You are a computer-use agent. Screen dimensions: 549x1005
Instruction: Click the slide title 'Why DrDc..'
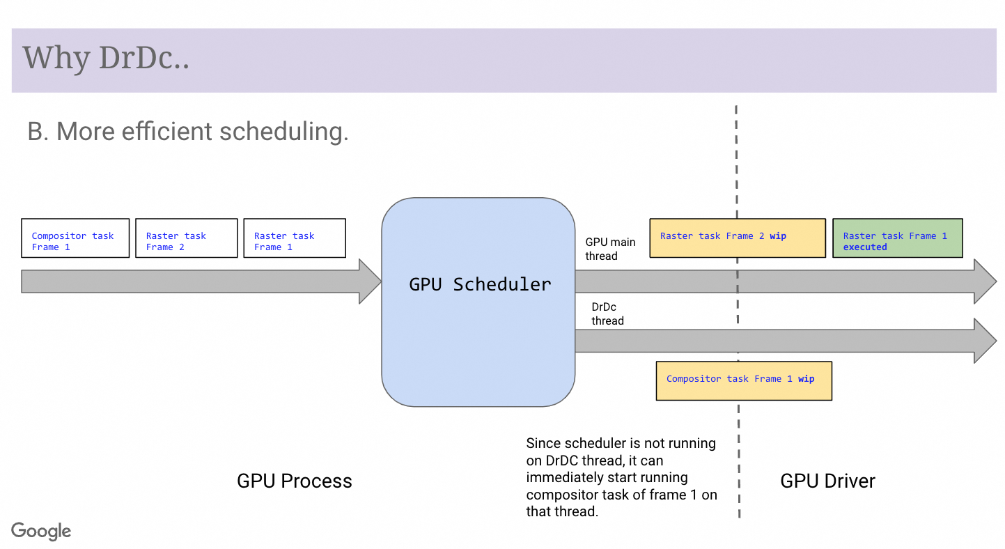tap(106, 58)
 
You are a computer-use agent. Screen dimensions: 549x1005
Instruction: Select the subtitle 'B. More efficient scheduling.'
tap(187, 131)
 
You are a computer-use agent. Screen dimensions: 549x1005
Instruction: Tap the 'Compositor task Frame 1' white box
tap(75, 238)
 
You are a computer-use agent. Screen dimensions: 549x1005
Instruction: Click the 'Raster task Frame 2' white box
tap(186, 238)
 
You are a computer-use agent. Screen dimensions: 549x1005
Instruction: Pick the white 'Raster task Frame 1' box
tap(294, 238)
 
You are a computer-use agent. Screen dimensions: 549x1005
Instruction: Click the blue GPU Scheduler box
tap(478, 302)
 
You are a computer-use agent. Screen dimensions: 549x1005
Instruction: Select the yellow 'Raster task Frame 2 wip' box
tap(737, 238)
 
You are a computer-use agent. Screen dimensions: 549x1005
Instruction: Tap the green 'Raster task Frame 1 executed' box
tap(897, 238)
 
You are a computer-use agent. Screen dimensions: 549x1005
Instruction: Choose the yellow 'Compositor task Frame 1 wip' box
tap(743, 380)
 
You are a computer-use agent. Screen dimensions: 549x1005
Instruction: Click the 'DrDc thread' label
tap(607, 314)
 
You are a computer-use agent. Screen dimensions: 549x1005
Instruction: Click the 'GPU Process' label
tap(294, 481)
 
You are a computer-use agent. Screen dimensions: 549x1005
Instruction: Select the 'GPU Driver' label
tap(827, 481)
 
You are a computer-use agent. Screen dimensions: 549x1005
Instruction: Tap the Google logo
tap(41, 531)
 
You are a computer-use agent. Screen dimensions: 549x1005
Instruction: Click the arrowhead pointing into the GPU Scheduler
tap(369, 281)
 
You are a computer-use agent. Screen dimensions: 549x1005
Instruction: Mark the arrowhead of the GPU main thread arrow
tap(985, 281)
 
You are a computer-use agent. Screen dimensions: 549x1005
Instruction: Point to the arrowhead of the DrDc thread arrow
tap(985, 341)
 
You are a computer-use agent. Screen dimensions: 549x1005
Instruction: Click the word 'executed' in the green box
tap(865, 247)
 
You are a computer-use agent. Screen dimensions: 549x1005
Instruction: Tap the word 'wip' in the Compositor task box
tap(806, 379)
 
